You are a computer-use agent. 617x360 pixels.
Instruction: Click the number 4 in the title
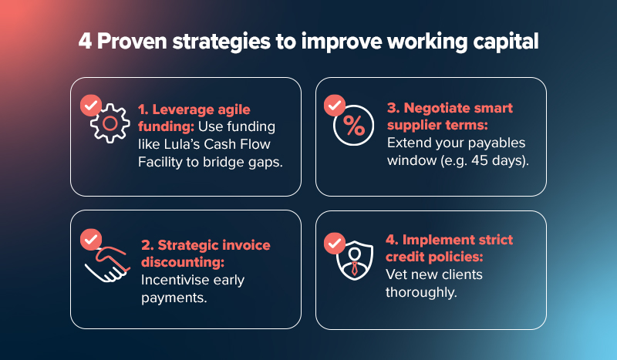(84, 41)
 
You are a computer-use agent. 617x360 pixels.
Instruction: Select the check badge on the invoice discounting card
(91, 240)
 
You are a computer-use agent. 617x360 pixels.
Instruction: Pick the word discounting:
(177, 263)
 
